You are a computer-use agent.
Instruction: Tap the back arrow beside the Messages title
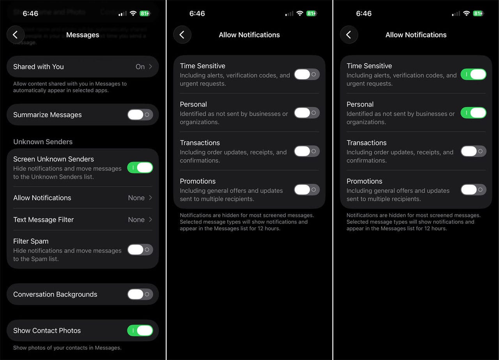pos(15,35)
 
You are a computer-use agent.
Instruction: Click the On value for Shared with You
pos(140,67)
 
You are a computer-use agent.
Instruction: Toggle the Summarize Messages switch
pos(140,115)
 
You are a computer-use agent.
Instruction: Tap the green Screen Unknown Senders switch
pos(140,168)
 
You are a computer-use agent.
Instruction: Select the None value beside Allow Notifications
pos(136,198)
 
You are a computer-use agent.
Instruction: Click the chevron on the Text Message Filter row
pos(150,220)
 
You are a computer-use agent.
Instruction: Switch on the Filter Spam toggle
pos(140,250)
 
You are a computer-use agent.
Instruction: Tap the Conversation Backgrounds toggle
pos(140,294)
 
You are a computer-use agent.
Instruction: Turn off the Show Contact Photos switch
pos(140,330)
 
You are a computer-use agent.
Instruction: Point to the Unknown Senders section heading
pos(43,142)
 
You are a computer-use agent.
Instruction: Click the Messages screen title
pos(83,35)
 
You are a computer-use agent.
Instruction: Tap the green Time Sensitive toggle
pos(473,74)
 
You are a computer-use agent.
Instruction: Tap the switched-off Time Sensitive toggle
pos(307,74)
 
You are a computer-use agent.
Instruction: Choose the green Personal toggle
pos(473,113)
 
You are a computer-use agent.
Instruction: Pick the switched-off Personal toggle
pos(307,113)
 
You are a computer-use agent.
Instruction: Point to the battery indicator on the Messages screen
pos(145,13)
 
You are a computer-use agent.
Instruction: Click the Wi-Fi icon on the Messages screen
pos(133,13)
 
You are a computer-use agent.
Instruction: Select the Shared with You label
pos(38,67)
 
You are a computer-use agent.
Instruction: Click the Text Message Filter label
pos(43,220)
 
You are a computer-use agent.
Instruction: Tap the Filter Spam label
pos(31,241)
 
